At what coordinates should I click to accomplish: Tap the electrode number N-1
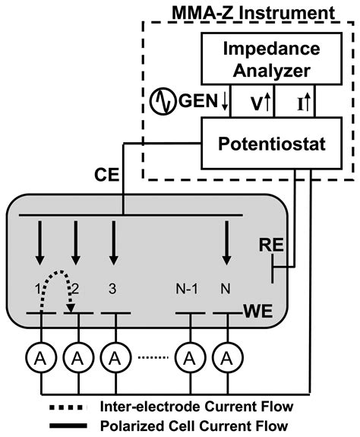(x=188, y=289)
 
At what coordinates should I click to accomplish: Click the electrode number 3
(x=112, y=289)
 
